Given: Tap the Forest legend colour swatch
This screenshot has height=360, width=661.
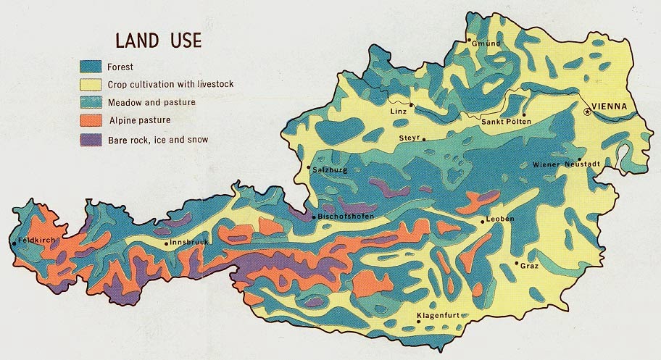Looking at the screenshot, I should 91,66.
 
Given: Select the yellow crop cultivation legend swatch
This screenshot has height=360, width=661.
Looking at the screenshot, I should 91,84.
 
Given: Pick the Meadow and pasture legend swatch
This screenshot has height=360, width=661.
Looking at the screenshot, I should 91,102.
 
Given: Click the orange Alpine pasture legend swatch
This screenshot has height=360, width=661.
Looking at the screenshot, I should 91,120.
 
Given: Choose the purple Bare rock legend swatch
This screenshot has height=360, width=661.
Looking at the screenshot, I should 91,139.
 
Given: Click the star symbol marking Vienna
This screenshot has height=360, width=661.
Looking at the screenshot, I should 586,111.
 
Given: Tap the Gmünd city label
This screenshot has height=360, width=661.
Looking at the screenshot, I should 486,44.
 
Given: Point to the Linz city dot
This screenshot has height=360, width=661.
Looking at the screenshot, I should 411,105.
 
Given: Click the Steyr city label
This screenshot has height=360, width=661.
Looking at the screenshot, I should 408,138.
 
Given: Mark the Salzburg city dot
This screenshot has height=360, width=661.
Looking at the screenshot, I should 309,168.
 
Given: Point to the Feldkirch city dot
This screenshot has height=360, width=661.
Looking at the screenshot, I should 14,243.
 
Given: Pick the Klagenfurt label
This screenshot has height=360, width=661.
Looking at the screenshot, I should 439,317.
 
